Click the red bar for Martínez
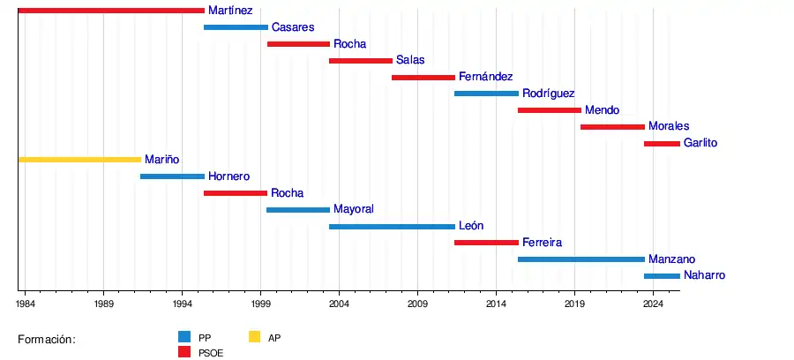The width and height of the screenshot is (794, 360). [111, 11]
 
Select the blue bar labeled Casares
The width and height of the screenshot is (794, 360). [236, 27]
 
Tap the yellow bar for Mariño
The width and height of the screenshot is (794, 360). [79, 160]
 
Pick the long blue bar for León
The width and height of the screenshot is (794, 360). [392, 227]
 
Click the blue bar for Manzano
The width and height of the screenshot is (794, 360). [581, 259]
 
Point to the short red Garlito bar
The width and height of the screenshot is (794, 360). [662, 143]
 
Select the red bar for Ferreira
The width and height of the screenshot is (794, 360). [486, 243]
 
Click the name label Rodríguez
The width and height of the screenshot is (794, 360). [548, 94]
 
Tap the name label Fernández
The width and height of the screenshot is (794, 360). [485, 77]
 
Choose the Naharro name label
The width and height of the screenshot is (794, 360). [704, 275]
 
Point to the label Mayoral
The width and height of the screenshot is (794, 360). [354, 209]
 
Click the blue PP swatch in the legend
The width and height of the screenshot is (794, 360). [184, 336]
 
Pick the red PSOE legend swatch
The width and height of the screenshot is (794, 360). [184, 352]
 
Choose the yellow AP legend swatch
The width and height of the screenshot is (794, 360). [254, 336]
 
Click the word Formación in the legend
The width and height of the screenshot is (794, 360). [47, 340]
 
